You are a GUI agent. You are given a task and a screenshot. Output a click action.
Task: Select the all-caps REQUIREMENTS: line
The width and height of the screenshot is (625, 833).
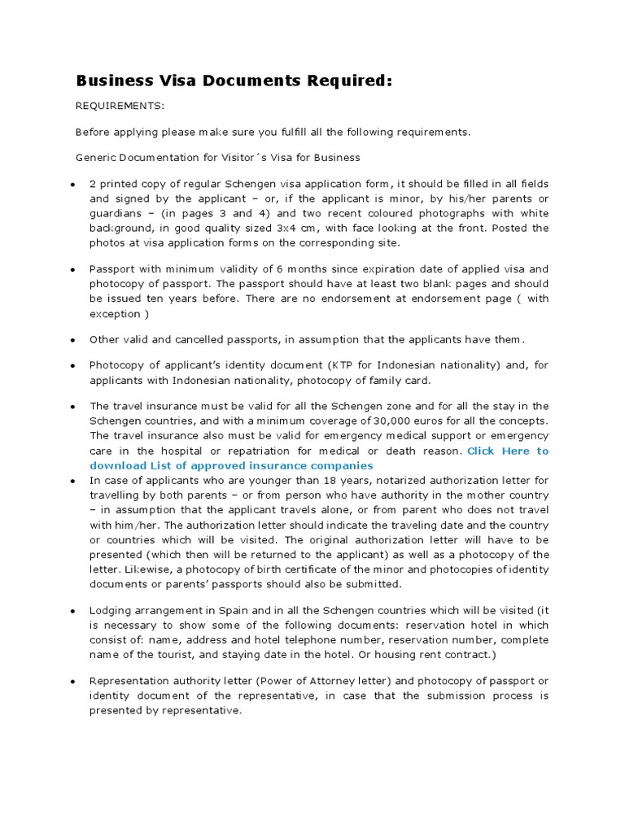tap(120, 107)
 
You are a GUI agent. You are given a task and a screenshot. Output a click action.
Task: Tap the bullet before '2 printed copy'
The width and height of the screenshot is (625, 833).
tap(72, 185)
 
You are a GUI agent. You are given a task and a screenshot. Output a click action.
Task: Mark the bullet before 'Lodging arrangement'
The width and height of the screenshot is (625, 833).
tap(72, 610)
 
